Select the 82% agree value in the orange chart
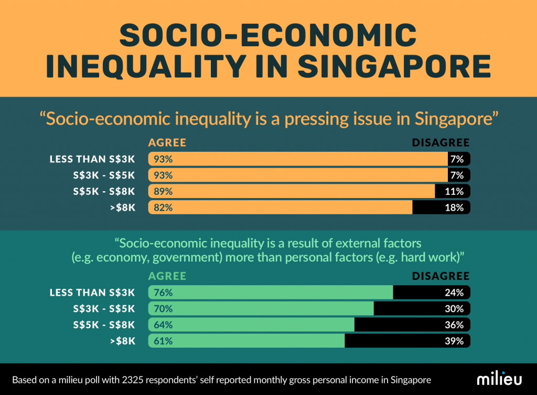click(163, 207)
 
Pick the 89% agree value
click(163, 191)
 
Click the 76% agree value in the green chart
click(163, 293)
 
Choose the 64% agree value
click(163, 325)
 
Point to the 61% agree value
click(163, 341)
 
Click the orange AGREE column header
click(167, 143)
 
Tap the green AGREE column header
click(167, 276)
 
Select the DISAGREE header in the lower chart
click(441, 276)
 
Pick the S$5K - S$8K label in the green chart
click(104, 325)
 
